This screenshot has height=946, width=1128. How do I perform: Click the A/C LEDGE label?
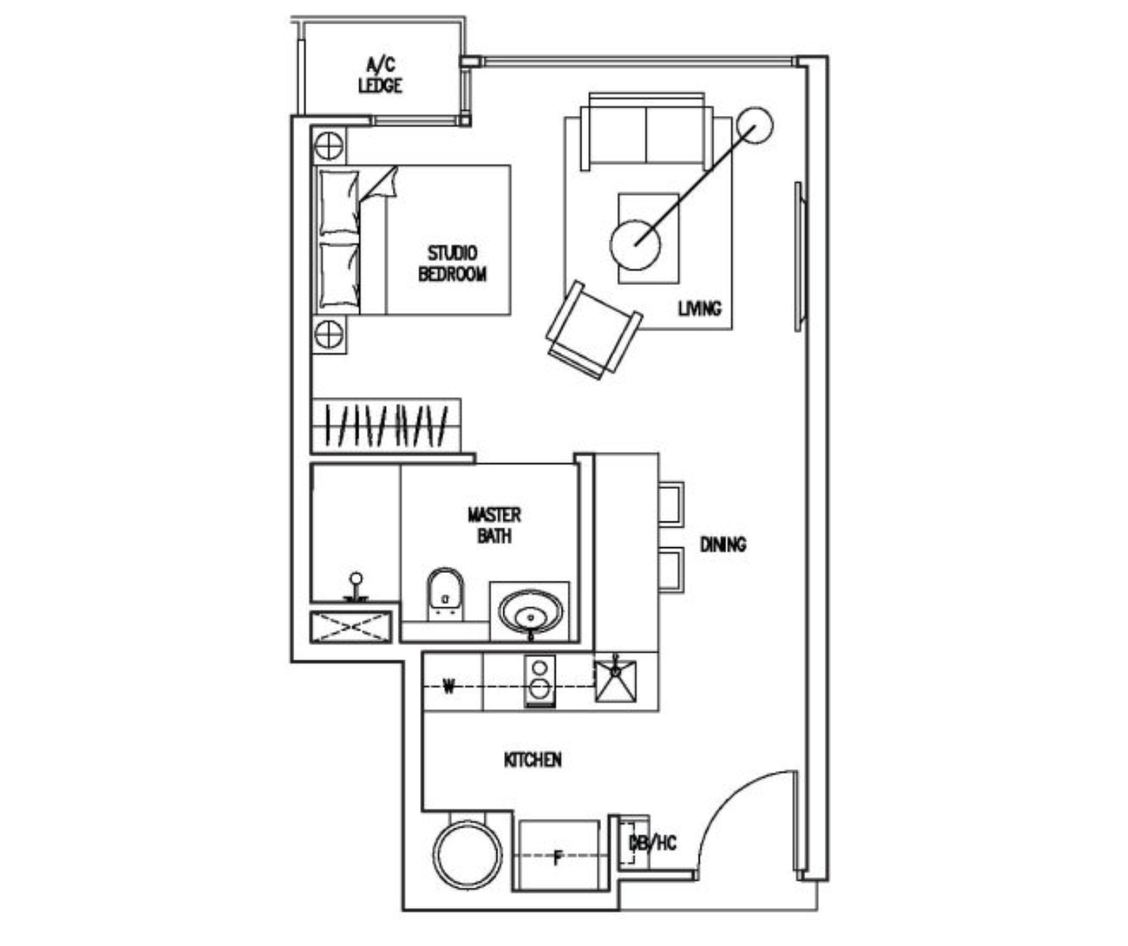coord(380,75)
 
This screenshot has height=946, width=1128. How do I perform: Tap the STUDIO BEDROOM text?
coord(452,263)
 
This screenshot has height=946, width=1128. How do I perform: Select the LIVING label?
coord(699,309)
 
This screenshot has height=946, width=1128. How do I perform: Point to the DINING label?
coord(722,544)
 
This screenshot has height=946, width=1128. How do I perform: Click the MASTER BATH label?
coord(493,525)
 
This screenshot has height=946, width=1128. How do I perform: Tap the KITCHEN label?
coord(532,760)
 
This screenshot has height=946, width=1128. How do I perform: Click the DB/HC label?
coord(652,842)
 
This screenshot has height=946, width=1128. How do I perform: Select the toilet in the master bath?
coord(444,594)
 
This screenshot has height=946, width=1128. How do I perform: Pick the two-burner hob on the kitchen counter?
coord(540,680)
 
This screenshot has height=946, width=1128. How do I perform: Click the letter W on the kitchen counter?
coord(449,687)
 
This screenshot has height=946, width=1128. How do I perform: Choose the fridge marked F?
coord(559,856)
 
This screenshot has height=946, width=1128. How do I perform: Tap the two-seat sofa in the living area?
coord(646,134)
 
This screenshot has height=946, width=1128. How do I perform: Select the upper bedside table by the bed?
coord(329,145)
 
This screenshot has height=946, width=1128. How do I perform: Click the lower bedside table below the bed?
coord(329,334)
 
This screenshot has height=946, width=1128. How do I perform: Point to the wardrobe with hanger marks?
coord(386,425)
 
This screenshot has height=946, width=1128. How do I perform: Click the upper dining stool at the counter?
coord(671,503)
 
